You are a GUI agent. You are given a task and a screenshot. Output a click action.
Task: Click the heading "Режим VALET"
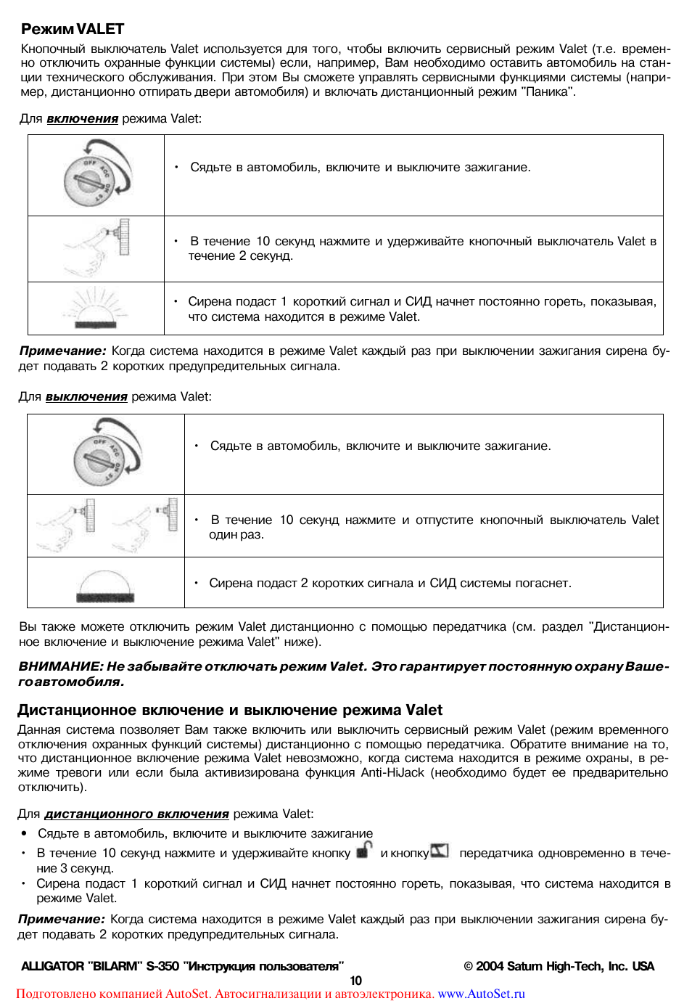(x=73, y=29)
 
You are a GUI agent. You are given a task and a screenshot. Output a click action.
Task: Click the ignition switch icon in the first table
(x=96, y=175)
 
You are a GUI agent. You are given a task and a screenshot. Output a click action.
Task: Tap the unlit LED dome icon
(x=105, y=585)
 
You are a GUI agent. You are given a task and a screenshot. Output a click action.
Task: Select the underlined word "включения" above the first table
(x=82, y=118)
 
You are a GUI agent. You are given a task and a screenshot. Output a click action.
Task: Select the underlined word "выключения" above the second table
(x=86, y=396)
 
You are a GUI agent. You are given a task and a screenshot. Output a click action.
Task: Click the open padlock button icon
(x=364, y=850)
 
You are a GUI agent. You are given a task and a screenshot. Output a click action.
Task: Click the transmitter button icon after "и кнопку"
(x=440, y=851)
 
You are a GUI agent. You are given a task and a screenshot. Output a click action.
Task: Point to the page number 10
(x=355, y=980)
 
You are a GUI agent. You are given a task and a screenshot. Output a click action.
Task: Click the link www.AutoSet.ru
(x=481, y=994)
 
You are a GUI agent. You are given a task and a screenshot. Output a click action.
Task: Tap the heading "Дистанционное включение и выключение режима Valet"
(x=230, y=710)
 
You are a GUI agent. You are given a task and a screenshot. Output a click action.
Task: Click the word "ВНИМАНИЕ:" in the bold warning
(x=60, y=666)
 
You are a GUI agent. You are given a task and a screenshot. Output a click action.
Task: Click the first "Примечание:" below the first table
(x=62, y=351)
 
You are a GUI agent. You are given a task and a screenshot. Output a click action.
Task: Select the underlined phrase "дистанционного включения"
(x=136, y=814)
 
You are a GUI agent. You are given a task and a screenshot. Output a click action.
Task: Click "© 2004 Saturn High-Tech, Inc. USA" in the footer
(x=559, y=966)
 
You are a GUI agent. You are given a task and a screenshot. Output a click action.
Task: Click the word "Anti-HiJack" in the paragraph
(x=392, y=772)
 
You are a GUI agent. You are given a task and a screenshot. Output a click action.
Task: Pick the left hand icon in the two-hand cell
(x=67, y=524)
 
